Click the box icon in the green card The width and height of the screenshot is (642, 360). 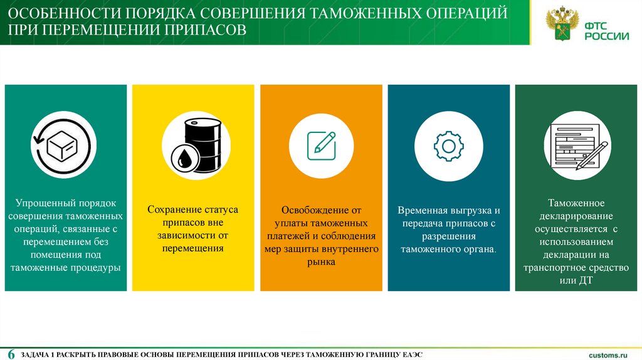coord(63,145)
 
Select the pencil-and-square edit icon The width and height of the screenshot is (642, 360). coord(320,145)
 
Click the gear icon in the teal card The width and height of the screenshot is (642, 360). coord(448,146)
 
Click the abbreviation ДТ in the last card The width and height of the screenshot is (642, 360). coord(584,280)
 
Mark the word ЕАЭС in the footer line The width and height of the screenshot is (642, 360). coord(411,355)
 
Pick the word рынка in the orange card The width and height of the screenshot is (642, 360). coord(321,262)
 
